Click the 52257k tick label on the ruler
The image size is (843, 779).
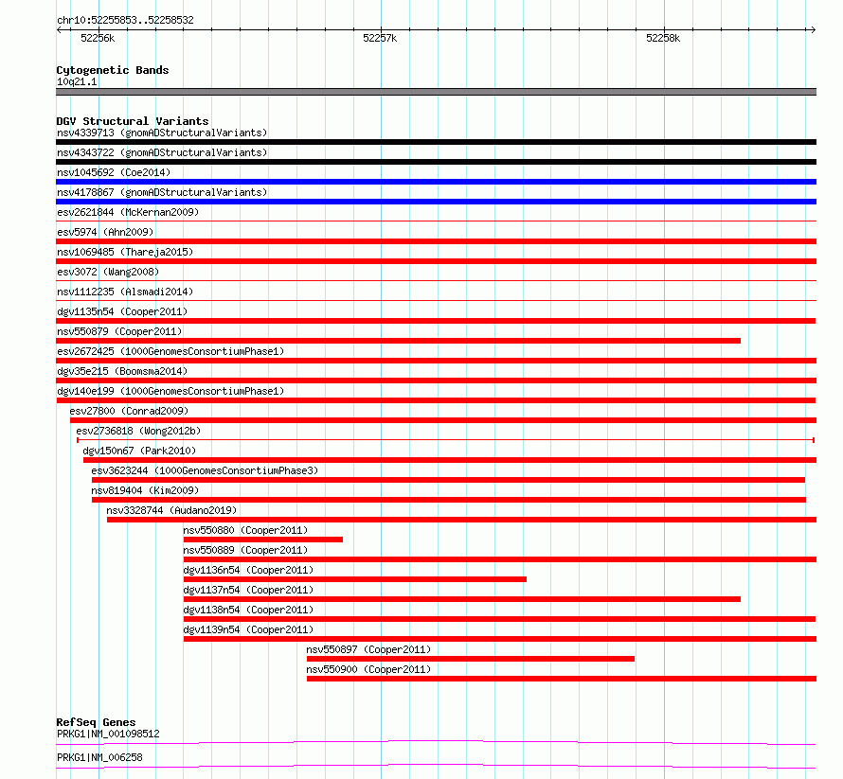coord(380,38)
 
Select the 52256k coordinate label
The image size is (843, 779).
coord(98,38)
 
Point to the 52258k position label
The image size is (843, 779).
coord(663,38)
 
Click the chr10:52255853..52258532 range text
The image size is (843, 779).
coord(125,21)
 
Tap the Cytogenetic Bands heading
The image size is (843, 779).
coord(113,70)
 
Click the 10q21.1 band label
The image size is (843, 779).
coord(77,81)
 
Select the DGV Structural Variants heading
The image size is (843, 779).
coord(133,121)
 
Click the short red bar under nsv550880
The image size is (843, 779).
coord(263,540)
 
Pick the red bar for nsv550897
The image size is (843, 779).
coord(471,659)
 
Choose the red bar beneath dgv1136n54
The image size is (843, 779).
coord(355,579)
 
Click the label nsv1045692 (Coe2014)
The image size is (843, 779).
coord(114,172)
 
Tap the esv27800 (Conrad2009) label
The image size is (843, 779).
coord(129,411)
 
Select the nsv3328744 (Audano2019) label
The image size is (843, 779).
coord(171,510)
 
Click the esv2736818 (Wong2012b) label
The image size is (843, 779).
coord(138,431)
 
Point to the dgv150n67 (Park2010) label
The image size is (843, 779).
coord(139,451)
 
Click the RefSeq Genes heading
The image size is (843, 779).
coord(96,722)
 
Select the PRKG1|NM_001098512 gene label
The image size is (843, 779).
coord(108,734)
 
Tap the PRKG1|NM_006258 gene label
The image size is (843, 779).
coord(99,757)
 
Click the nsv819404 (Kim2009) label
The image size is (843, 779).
coord(145,490)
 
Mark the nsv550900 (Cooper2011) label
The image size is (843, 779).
coord(368,669)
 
